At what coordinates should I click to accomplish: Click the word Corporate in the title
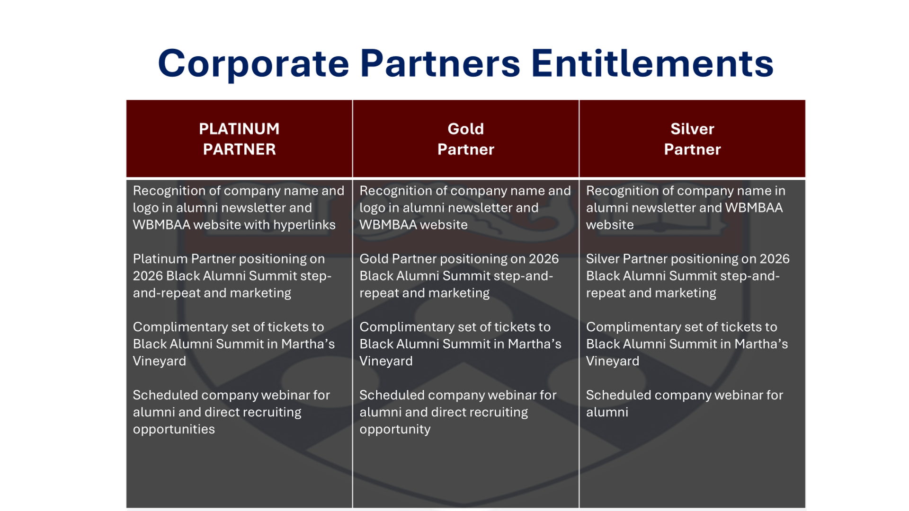(253, 63)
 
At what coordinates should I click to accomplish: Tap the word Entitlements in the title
(652, 63)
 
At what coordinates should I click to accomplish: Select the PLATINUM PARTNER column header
(239, 139)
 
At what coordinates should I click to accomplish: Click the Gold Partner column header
(466, 139)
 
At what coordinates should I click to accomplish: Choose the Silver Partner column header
(692, 139)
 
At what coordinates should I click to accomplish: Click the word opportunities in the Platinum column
(174, 430)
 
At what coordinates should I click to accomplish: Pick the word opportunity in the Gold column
(395, 430)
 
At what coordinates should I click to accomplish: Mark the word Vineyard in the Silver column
(613, 361)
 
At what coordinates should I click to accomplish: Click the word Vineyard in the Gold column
(386, 361)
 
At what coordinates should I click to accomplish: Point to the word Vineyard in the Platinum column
(160, 361)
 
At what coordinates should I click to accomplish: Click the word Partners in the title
(440, 63)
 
